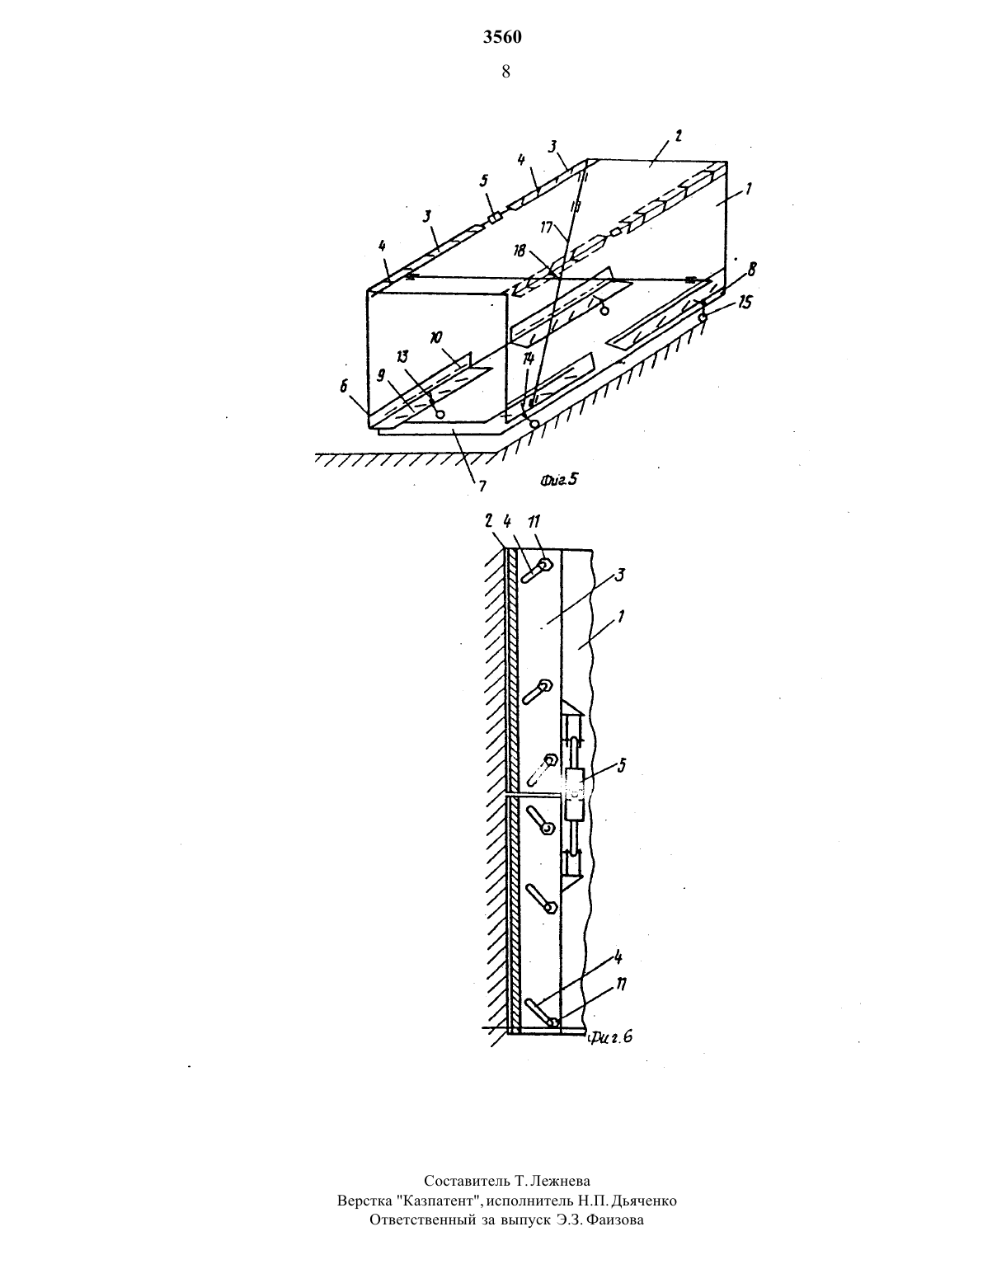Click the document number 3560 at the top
coord(502,37)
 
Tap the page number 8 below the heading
coord(505,72)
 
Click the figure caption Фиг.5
coord(558,479)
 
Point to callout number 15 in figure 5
coord(745,303)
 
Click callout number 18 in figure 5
coord(519,251)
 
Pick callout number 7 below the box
coord(482,486)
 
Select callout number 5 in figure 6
coord(621,766)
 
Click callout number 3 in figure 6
coord(620,575)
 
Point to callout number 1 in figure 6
coord(621,618)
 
